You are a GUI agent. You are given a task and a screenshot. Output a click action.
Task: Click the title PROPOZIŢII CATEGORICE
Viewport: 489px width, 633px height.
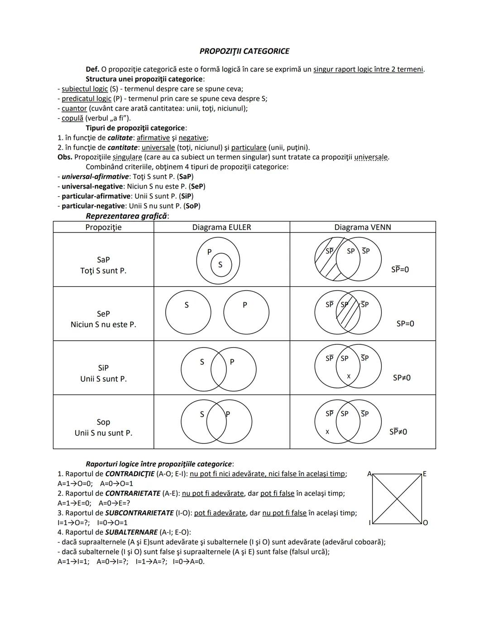point(244,51)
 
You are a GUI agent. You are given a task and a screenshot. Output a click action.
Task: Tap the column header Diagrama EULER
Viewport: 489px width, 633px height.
point(221,227)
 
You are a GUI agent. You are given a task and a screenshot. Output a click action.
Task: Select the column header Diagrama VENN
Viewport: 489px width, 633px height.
point(362,227)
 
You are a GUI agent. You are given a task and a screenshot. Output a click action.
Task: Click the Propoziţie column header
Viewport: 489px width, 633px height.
point(103,227)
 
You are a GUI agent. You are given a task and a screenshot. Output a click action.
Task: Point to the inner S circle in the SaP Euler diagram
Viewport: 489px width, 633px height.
point(221,265)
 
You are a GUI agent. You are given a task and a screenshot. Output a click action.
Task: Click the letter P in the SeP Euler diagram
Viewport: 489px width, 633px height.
point(245,305)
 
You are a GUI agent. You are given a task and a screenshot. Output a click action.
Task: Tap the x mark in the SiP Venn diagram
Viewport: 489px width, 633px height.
point(348,377)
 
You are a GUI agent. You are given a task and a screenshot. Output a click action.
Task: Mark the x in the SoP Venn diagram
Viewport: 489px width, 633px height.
point(327,432)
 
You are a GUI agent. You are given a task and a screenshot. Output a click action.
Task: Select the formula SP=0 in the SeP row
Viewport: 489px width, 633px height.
point(405,324)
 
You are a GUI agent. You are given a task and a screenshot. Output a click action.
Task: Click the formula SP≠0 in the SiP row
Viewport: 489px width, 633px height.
point(402,377)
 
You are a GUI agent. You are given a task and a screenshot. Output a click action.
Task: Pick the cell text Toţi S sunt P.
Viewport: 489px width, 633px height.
point(103,271)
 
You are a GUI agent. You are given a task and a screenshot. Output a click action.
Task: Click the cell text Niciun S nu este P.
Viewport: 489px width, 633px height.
point(103,324)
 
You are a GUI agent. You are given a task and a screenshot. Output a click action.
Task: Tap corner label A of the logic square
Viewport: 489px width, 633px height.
point(369,474)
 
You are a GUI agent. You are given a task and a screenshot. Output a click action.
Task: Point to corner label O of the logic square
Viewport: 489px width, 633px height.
point(425,523)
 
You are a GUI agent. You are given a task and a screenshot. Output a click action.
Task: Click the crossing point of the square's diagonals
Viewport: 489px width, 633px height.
point(397,498)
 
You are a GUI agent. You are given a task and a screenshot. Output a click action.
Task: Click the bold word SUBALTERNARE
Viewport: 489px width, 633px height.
point(131,532)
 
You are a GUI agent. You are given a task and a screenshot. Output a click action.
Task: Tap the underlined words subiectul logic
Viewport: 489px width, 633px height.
point(85,89)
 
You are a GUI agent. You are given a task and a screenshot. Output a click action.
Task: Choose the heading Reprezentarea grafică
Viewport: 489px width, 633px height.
point(127,216)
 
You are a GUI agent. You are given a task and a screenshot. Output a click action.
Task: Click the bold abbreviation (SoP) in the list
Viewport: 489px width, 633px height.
point(192,206)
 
